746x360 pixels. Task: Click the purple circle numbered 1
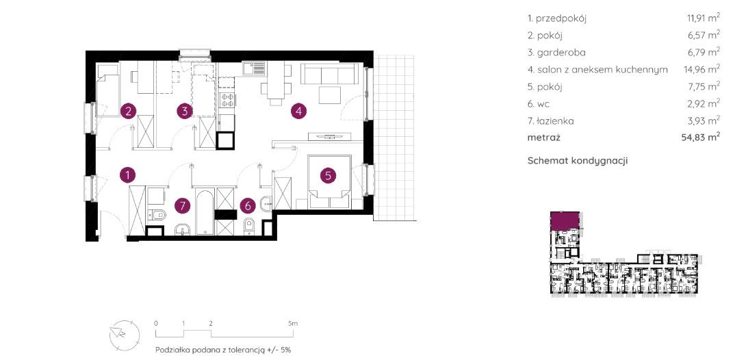127,175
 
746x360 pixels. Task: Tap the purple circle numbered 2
127,112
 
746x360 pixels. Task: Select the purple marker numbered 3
185,112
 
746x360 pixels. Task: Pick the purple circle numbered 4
298,112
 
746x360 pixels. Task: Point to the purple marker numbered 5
328,175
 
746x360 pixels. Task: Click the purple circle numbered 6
248,205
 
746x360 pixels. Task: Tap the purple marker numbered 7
182,205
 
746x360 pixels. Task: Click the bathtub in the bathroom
205,212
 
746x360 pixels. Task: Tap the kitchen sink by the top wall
254,69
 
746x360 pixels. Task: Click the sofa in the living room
329,75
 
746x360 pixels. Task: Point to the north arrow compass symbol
124,333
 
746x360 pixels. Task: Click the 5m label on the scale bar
293,323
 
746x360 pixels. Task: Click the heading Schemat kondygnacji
578,161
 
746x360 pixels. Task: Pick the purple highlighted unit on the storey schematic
565,220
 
